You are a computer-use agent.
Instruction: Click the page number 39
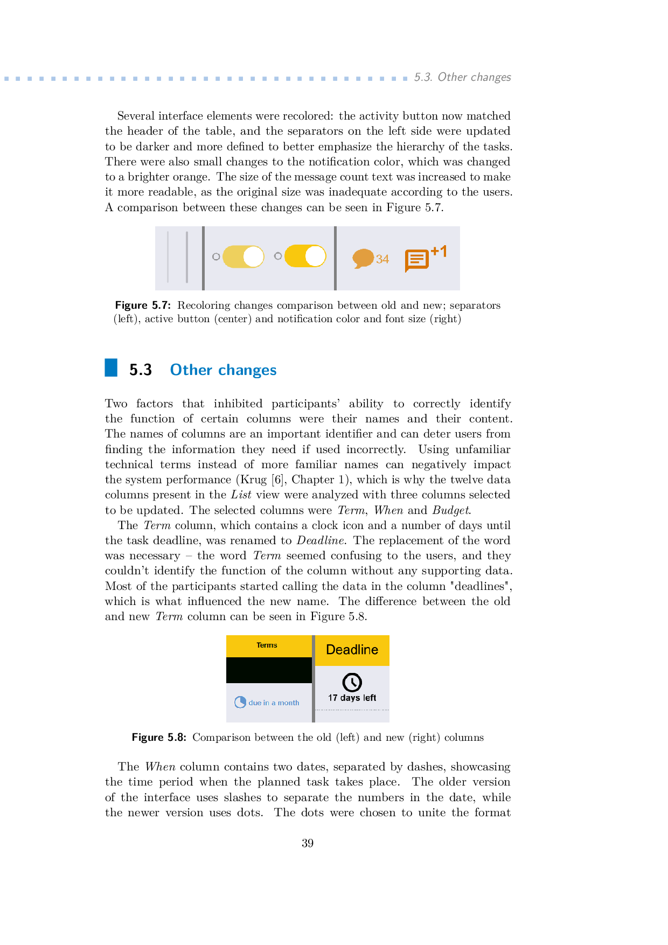click(308, 843)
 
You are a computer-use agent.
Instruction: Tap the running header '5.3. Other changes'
click(462, 77)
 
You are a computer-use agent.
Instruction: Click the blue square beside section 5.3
click(111, 367)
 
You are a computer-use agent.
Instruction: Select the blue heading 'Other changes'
click(223, 370)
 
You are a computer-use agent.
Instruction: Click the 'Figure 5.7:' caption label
click(143, 305)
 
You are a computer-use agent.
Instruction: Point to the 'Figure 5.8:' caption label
click(159, 737)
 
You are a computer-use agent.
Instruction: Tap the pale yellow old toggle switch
click(243, 256)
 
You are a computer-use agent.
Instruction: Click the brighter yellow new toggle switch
click(305, 256)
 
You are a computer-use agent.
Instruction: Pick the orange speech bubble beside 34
click(363, 258)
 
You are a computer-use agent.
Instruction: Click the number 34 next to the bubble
click(382, 259)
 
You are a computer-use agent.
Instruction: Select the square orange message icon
click(416, 260)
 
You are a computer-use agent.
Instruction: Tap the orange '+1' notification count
click(439, 251)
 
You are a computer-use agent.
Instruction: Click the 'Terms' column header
click(267, 645)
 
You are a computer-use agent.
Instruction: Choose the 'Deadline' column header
click(352, 650)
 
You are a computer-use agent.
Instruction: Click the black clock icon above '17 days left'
click(352, 682)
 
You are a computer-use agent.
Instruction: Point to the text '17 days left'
click(352, 698)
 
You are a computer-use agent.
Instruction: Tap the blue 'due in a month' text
click(274, 703)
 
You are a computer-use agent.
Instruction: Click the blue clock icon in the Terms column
click(240, 702)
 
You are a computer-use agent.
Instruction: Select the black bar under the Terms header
click(269, 670)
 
